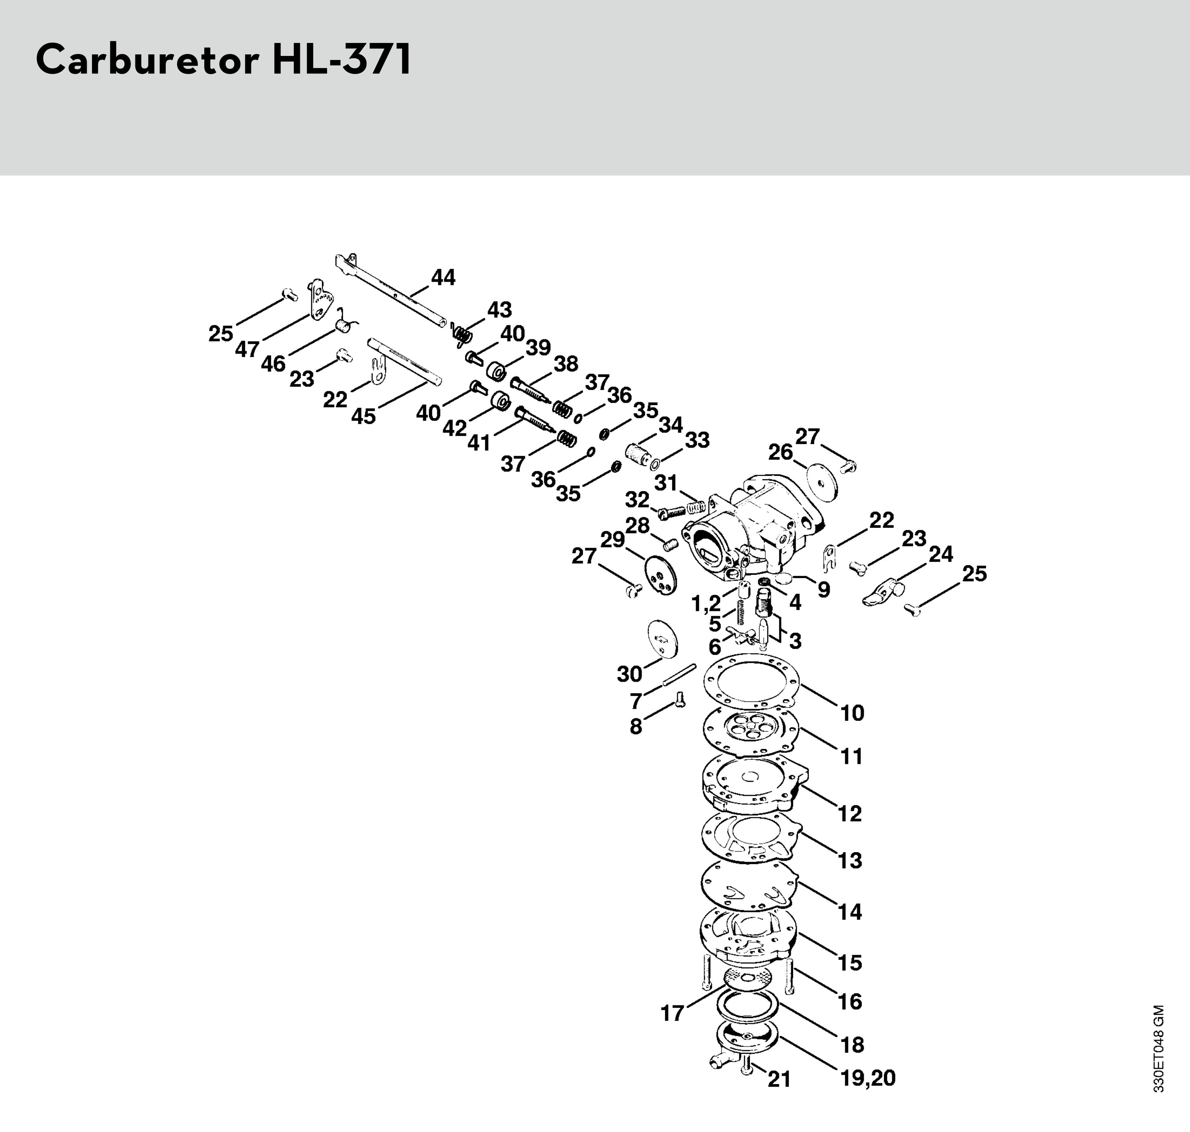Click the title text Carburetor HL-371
(224, 60)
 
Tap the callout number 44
(443, 278)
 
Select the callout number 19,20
(868, 1078)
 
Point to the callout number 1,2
(706, 603)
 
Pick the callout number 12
(850, 813)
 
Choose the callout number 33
(697, 440)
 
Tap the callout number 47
(247, 349)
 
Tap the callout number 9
(823, 589)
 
